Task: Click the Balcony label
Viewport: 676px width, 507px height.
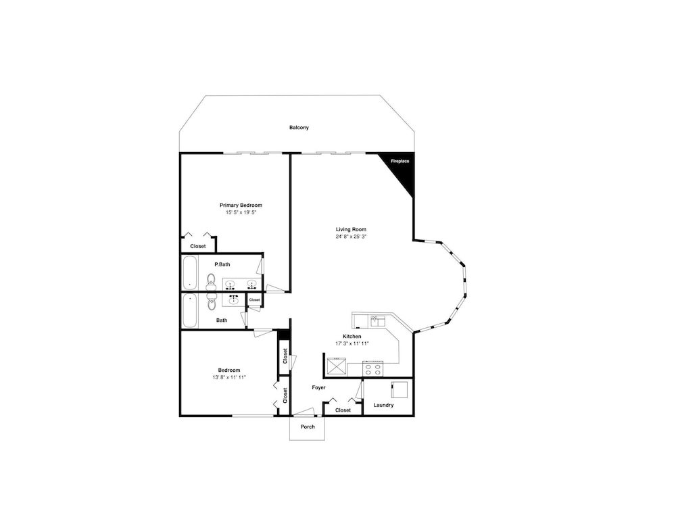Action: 299,128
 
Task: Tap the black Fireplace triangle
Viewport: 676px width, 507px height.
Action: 402,168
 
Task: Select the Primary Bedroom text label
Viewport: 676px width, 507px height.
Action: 241,206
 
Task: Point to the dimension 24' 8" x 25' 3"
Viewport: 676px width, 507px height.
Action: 352,237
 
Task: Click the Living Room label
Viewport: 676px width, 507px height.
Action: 352,229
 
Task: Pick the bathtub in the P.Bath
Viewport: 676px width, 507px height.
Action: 190,273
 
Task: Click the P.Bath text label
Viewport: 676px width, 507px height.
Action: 222,264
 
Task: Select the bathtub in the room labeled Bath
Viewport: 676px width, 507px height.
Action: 190,310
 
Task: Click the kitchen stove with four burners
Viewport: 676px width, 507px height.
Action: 373,368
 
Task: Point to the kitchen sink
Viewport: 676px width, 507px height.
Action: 378,320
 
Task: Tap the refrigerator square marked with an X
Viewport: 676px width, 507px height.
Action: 337,367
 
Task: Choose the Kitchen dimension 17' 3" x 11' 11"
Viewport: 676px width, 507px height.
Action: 352,343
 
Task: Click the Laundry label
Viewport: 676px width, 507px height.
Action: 384,405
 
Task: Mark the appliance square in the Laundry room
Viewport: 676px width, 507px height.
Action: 400,390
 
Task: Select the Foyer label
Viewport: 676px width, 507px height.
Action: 319,387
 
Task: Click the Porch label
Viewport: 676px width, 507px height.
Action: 308,427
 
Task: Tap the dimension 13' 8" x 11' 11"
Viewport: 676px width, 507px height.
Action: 229,377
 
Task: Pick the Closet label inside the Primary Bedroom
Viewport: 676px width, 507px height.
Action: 198,246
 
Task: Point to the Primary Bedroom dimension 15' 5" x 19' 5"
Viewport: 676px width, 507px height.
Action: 241,212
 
